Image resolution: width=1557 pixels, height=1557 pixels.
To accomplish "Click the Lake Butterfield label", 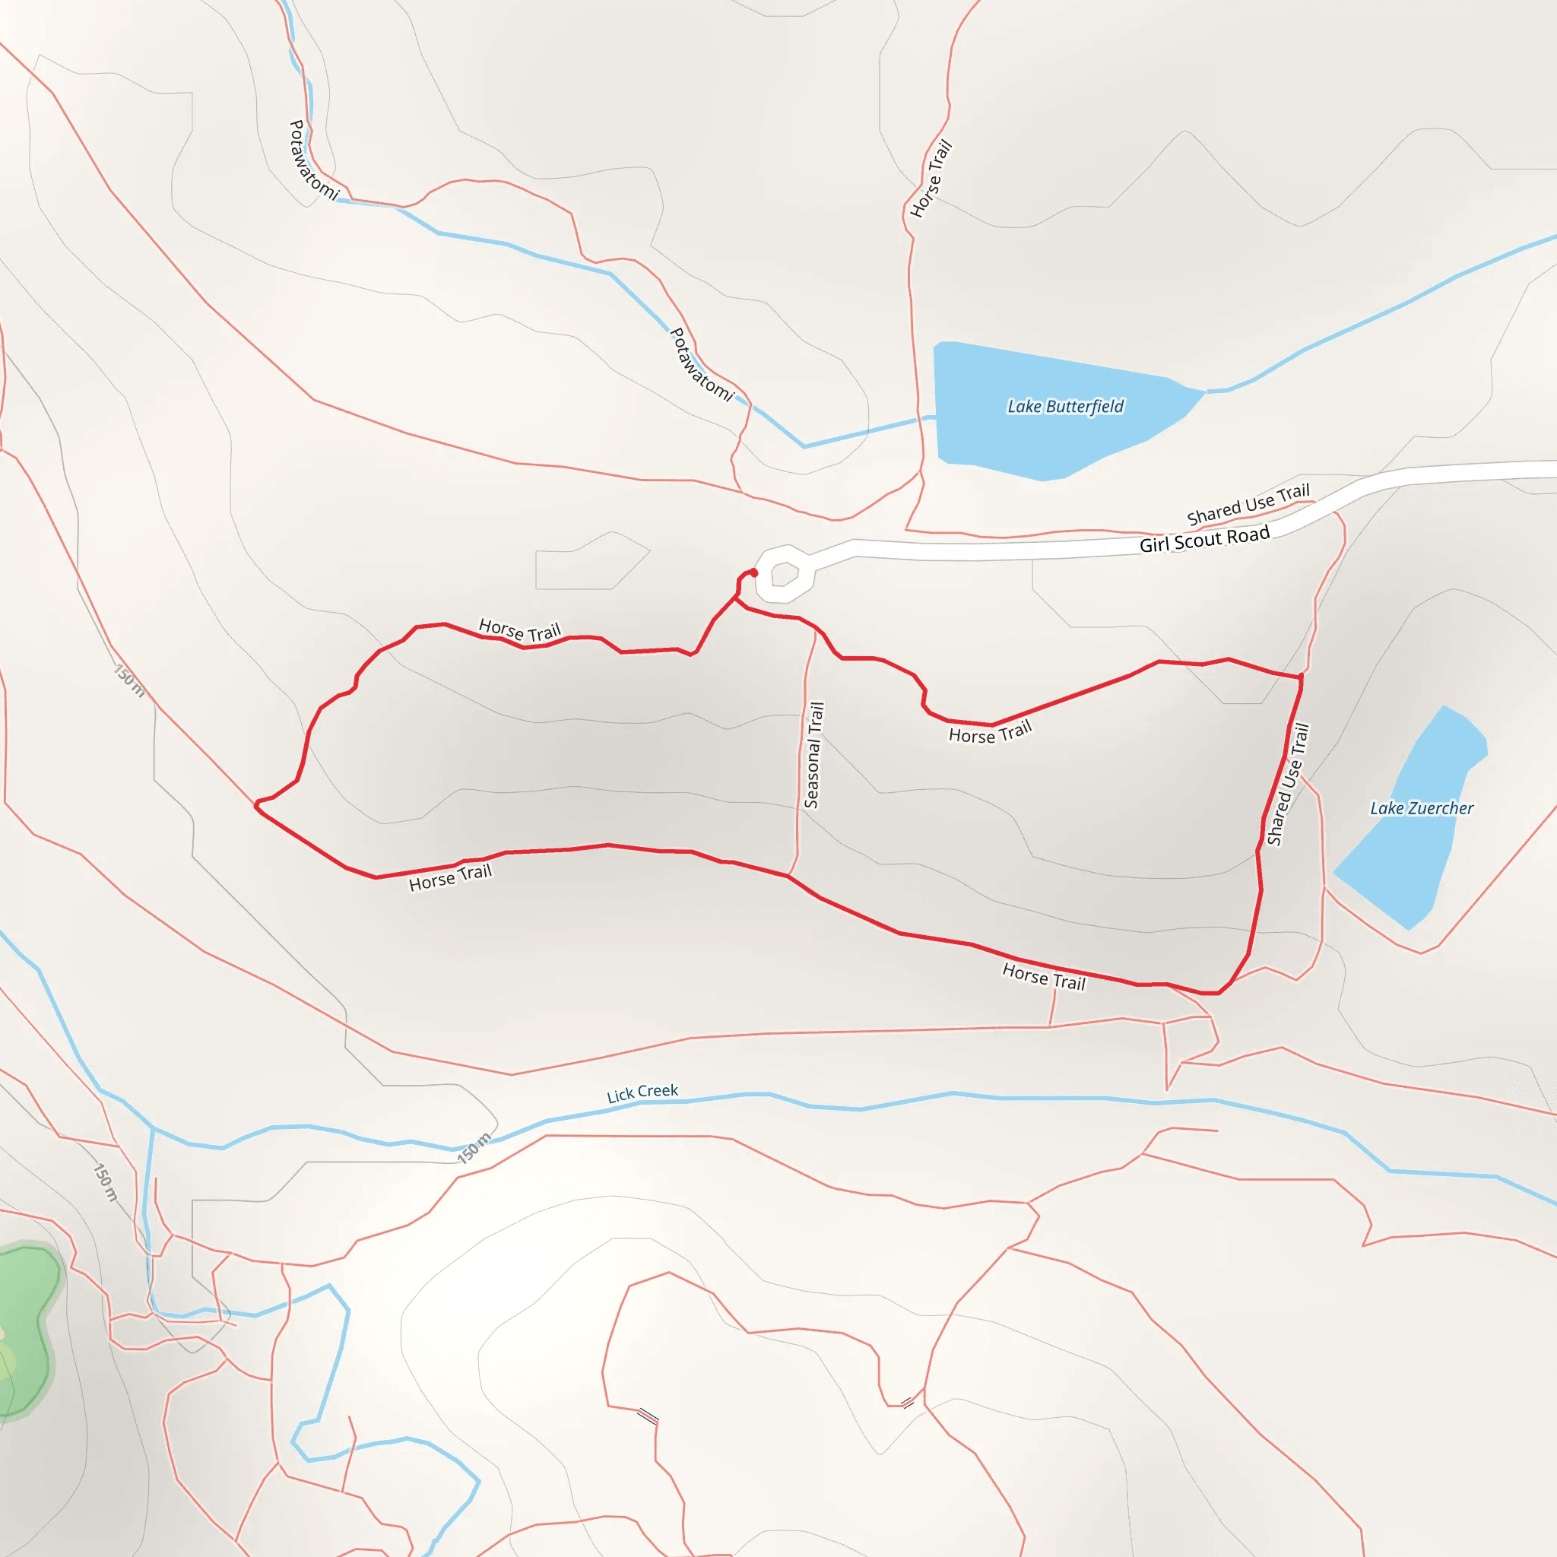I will tap(1065, 406).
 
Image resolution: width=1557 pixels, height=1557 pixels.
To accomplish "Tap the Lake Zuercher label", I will tap(1422, 808).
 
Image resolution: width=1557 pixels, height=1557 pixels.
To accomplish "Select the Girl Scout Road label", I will tap(1204, 539).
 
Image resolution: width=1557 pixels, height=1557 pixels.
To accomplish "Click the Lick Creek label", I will tap(642, 1092).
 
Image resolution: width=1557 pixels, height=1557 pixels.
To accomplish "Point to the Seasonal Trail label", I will tap(814, 755).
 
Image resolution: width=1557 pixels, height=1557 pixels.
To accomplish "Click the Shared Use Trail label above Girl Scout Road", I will tap(1248, 504).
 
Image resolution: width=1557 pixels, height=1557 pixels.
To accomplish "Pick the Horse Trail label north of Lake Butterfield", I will tap(931, 179).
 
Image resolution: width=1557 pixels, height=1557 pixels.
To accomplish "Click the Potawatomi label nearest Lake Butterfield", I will tap(702, 365).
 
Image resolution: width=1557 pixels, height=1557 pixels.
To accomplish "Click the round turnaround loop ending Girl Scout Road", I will tap(784, 574).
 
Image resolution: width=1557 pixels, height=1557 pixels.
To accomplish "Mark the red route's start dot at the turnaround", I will tap(754, 572).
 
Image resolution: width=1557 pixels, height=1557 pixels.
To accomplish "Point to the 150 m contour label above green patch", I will tap(106, 1182).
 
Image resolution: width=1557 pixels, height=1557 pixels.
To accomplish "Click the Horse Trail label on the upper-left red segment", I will tap(520, 630).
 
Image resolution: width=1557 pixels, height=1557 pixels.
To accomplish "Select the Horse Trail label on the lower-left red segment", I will tap(450, 877).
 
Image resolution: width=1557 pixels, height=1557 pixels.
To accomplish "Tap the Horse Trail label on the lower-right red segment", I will tap(1044, 977).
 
